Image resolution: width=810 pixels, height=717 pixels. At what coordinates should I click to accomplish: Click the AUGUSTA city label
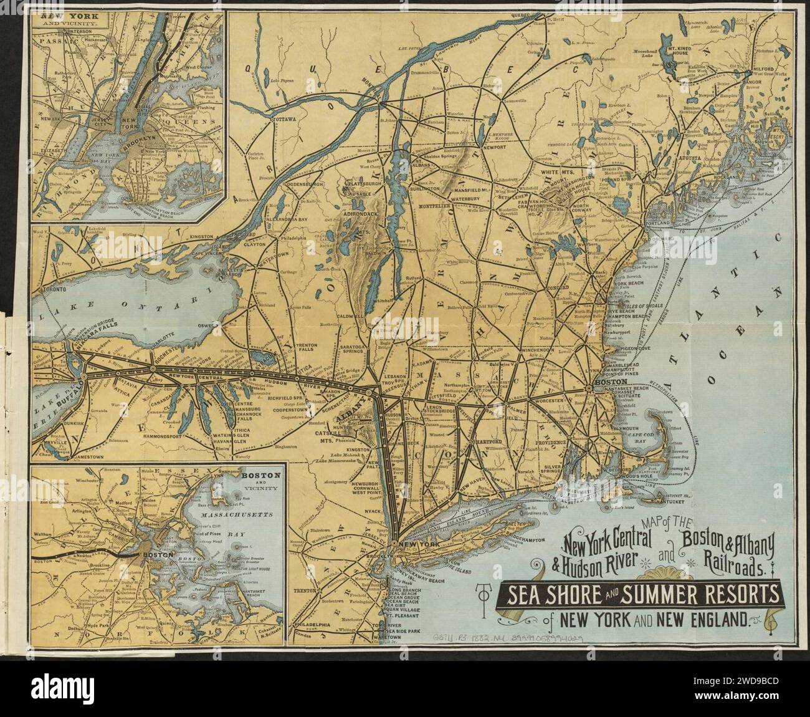(698, 160)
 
